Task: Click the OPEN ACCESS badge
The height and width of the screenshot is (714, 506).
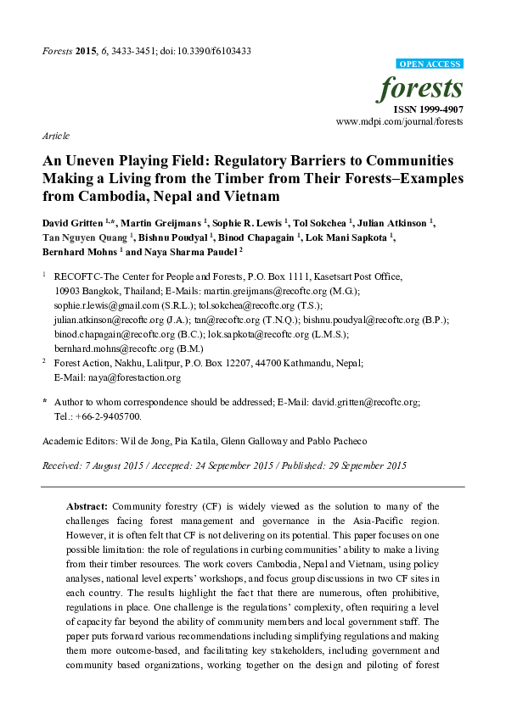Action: pos(430,64)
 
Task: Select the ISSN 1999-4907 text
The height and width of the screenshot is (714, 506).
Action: pos(428,109)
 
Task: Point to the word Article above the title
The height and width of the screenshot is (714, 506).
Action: pos(55,136)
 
